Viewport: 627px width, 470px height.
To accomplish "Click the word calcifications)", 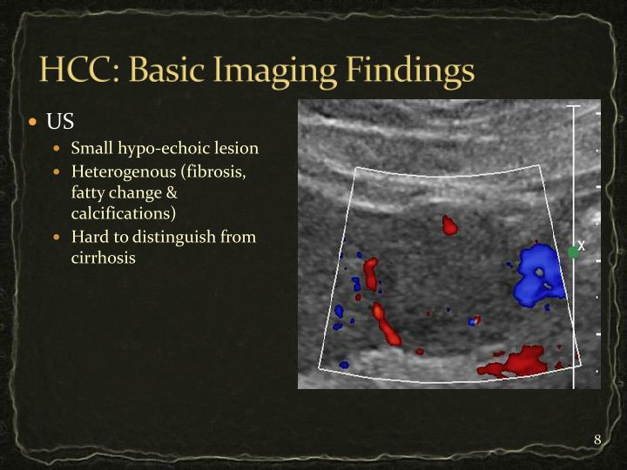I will pyautogui.click(x=124, y=213).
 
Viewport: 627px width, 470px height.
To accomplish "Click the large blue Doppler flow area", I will pyautogui.click(x=537, y=272).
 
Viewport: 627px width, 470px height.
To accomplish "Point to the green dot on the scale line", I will pyautogui.click(x=572, y=252).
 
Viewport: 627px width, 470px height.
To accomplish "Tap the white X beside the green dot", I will pyautogui.click(x=582, y=246).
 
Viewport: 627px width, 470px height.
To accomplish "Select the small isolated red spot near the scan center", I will pyautogui.click(x=449, y=225).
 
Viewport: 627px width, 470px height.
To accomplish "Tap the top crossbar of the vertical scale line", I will pyautogui.click(x=572, y=106).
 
